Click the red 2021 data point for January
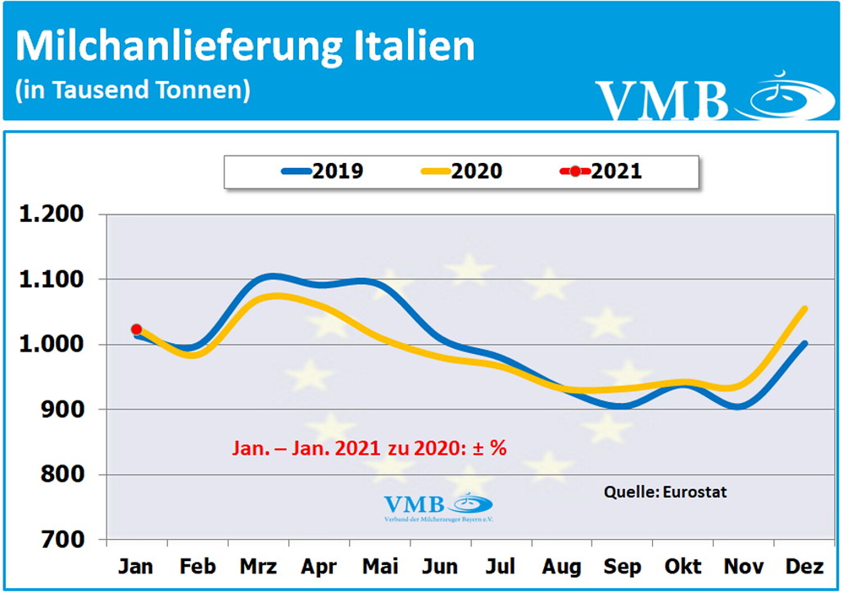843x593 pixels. pos(136,329)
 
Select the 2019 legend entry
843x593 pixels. pos(323,171)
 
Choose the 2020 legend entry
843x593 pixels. pos(462,171)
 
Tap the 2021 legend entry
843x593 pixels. pos(601,171)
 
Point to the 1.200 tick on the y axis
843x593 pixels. pos(52,214)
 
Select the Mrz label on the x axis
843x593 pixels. pos(258,566)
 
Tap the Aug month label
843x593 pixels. pos(561,567)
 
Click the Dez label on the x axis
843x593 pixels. pos(804,566)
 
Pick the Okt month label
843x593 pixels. pos(683,566)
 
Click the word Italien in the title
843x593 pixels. pos(414,46)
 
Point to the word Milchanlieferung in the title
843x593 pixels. pos(179,47)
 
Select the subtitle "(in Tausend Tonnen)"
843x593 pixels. pos(133,90)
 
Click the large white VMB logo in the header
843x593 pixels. pos(714,97)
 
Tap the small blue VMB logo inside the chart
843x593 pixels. pos(438,506)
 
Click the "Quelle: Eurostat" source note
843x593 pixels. pos(665,492)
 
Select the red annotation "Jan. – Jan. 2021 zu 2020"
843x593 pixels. pos(369,448)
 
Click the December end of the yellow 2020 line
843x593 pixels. pos(805,309)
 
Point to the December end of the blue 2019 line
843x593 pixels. pos(805,343)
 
